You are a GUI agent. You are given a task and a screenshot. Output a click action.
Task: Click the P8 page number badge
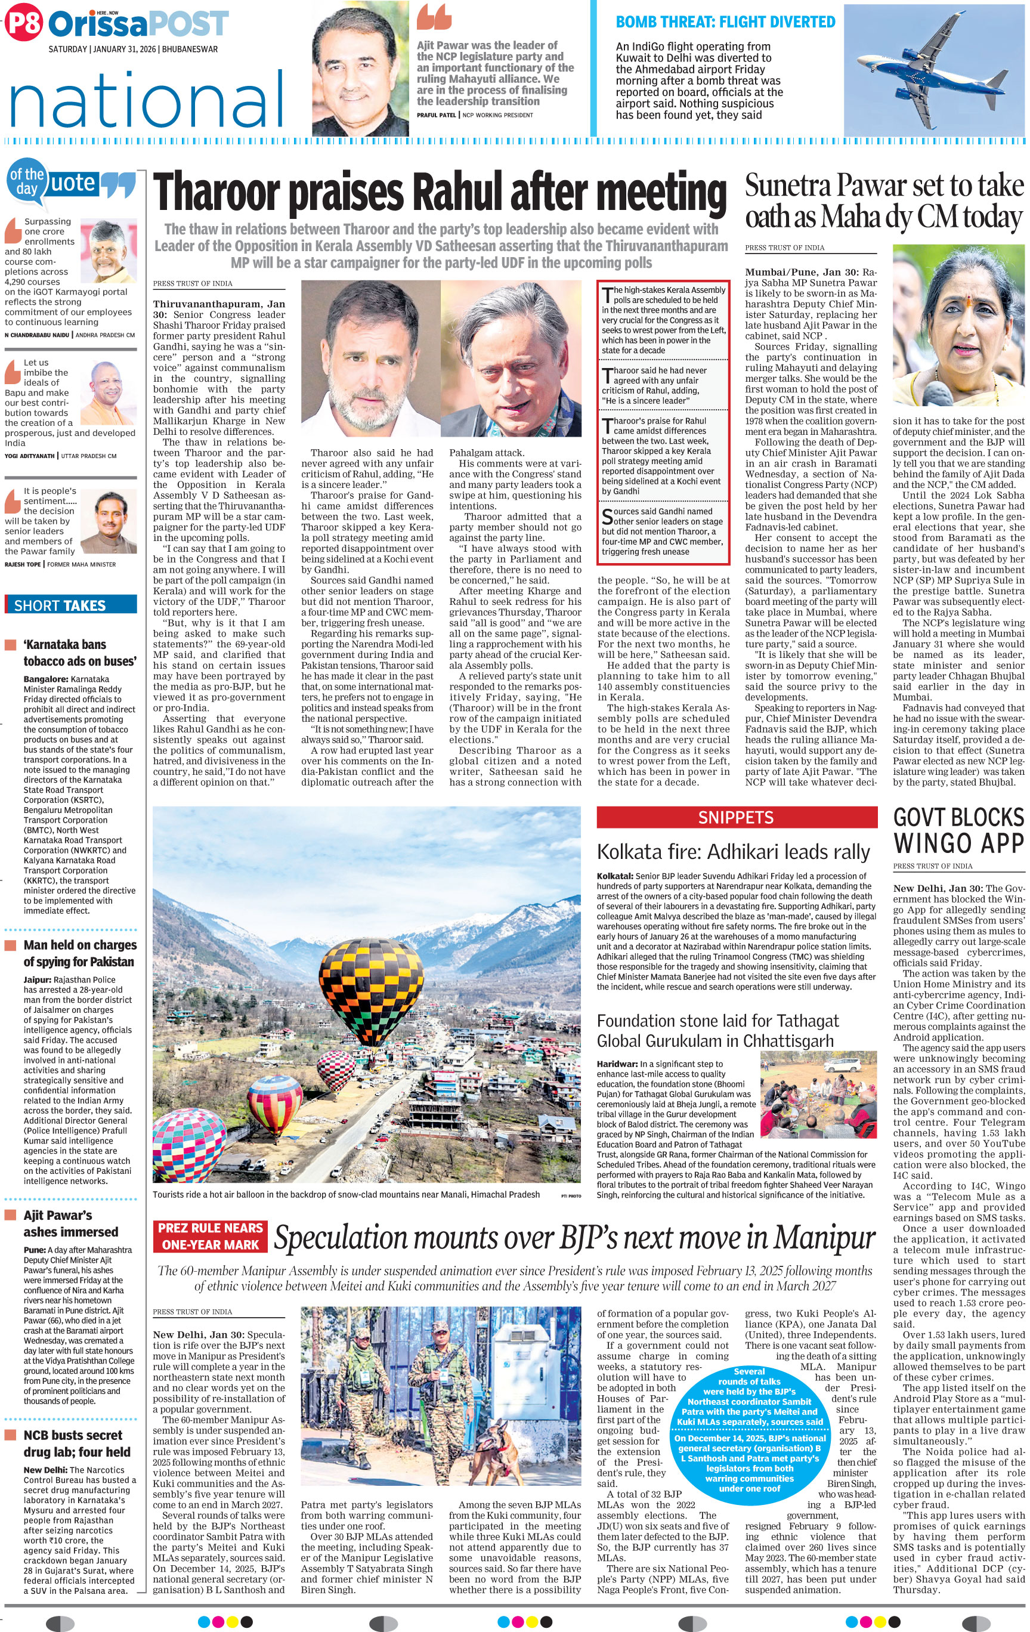coord(23,24)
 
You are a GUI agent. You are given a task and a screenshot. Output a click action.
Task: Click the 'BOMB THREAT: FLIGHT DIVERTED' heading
coord(725,21)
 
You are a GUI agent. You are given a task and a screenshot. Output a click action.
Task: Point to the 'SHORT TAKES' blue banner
coord(70,605)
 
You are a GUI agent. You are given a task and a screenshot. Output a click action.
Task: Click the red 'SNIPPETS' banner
coord(736,817)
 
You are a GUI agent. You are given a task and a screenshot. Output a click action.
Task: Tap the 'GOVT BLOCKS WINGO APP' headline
coord(958,831)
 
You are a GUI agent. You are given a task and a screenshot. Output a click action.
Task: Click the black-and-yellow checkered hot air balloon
coord(364,976)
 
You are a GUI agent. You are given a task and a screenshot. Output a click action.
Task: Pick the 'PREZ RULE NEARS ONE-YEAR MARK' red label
coord(210,1236)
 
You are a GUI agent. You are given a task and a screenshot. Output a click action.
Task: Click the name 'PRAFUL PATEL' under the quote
coord(437,115)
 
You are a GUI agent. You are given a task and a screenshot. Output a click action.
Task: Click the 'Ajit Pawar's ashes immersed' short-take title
coord(70,1223)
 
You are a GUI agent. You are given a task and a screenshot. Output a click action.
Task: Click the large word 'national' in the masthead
coord(146,99)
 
